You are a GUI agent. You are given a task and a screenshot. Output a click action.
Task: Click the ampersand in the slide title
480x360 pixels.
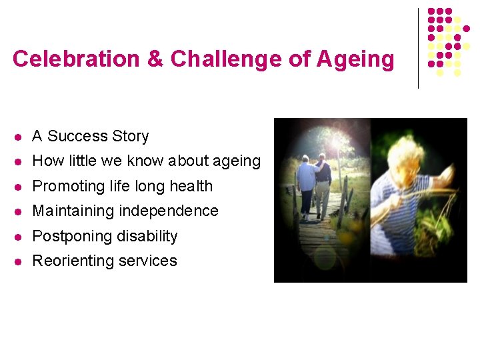[155, 59]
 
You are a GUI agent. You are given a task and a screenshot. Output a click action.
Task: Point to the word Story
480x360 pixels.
[130, 136]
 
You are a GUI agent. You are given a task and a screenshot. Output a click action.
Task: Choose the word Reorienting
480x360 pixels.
[72, 261]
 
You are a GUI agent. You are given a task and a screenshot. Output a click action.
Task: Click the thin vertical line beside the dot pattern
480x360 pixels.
[418, 48]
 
